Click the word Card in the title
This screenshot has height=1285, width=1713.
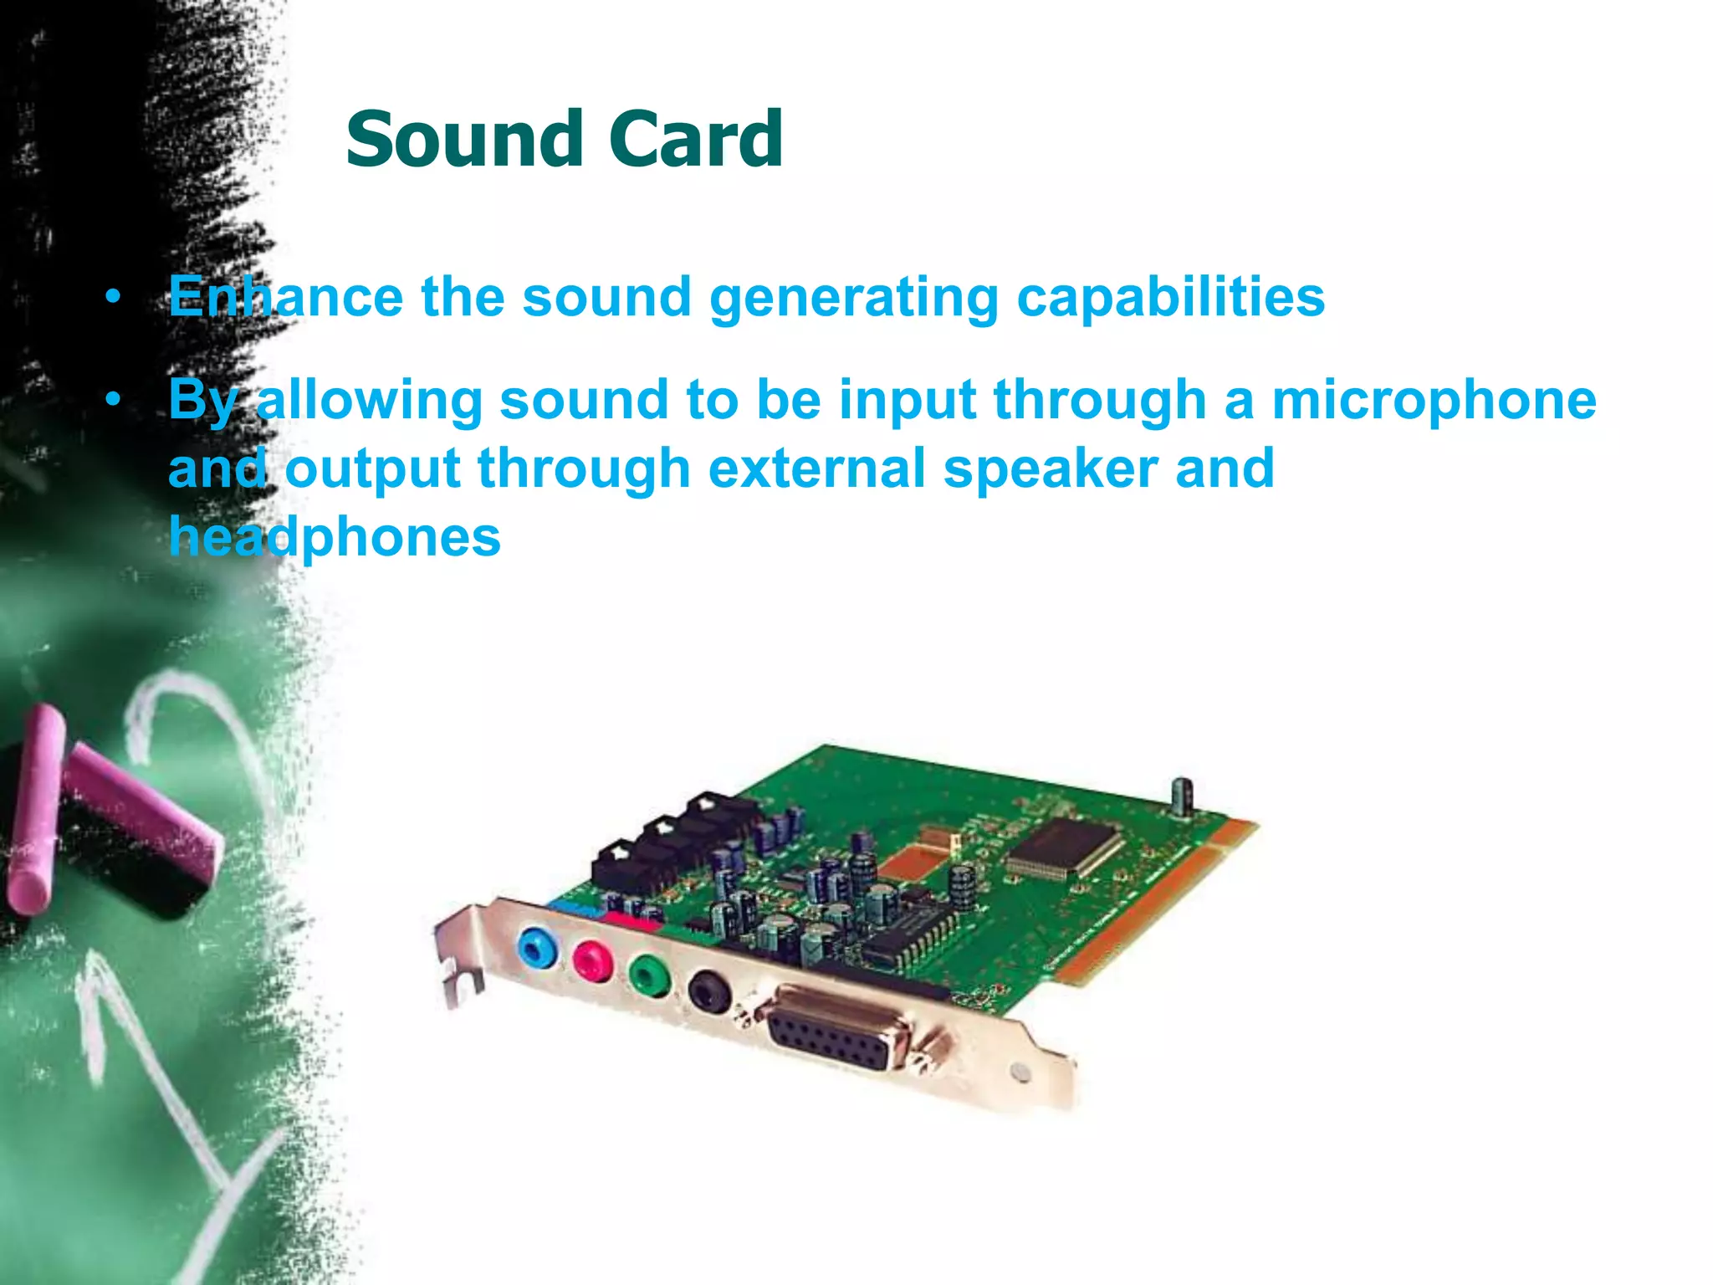[x=696, y=139]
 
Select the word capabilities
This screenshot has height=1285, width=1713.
[x=1170, y=298]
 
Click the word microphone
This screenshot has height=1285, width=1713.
[x=1434, y=400]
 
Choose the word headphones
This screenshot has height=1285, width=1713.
[x=335, y=537]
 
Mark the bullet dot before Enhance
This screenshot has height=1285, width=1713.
[x=114, y=297]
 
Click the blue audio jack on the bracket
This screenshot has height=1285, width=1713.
[x=536, y=947]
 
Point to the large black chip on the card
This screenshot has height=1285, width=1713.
[x=1063, y=847]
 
